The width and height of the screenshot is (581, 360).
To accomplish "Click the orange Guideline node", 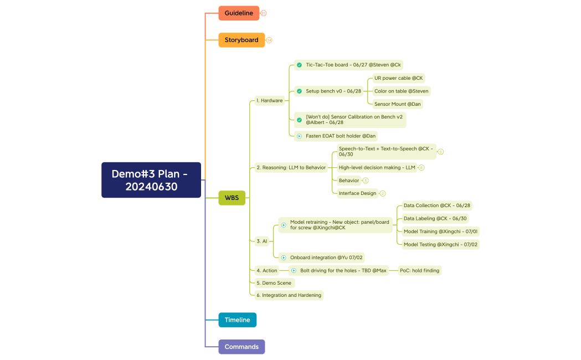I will pos(239,13).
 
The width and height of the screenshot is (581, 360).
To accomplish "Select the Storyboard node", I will pos(241,40).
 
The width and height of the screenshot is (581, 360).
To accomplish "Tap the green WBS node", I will pos(232,198).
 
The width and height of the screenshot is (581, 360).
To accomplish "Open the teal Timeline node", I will pos(237,320).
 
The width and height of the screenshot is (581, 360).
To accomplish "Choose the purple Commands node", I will pos(241,347).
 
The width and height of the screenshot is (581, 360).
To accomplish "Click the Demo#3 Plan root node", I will pos(151,180).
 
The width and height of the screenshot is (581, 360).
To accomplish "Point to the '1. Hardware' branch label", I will pos(269,101).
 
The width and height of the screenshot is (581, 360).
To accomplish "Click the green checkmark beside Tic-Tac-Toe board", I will pos(299,65).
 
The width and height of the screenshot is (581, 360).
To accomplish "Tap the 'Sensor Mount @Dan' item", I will pos(398,104).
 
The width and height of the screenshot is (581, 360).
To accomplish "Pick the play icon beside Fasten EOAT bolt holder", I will pos(299,136).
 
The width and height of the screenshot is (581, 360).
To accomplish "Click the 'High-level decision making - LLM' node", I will pos(377,167).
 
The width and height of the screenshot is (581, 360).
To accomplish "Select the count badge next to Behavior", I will pos(366,181).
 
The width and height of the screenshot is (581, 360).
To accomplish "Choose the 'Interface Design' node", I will pos(357,193).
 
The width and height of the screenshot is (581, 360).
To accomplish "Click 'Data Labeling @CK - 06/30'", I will pos(435,219).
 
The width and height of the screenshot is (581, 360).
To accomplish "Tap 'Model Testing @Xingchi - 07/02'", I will pos(440,244).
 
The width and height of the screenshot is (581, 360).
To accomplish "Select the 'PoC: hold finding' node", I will pos(419,271).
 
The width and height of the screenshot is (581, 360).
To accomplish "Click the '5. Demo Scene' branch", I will pos(274,283).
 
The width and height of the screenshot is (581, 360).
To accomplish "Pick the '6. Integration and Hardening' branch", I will pos(289,295).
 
